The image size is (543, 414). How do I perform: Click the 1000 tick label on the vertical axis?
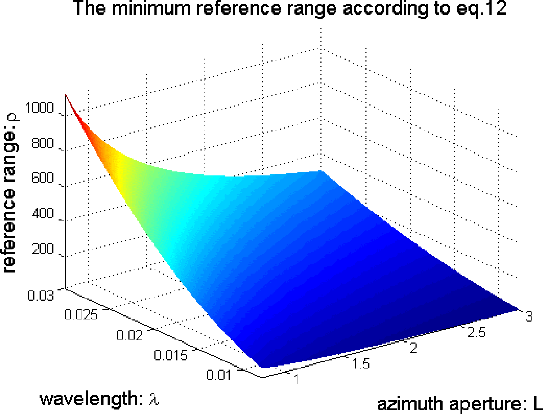(x=39, y=108)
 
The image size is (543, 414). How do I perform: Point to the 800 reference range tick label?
(x=43, y=144)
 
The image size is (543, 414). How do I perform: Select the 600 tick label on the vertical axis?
(x=43, y=178)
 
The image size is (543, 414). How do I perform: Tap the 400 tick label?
(x=43, y=213)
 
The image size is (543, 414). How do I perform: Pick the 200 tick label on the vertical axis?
(x=43, y=249)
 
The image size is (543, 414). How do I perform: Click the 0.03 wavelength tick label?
(x=40, y=295)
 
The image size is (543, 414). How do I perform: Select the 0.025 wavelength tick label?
(x=81, y=314)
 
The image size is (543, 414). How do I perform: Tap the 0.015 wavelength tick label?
(x=171, y=355)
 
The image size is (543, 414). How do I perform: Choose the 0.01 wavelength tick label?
(x=218, y=375)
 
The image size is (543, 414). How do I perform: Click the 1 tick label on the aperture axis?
(x=296, y=379)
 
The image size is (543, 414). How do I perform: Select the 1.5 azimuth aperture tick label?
(x=361, y=363)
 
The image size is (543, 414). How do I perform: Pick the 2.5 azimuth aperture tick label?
(x=476, y=333)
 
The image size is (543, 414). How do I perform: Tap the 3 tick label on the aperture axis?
(x=529, y=317)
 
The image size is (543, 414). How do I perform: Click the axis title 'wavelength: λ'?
(x=99, y=399)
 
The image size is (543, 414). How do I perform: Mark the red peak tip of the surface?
(x=66, y=95)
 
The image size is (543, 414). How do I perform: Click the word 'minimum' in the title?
(x=152, y=8)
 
